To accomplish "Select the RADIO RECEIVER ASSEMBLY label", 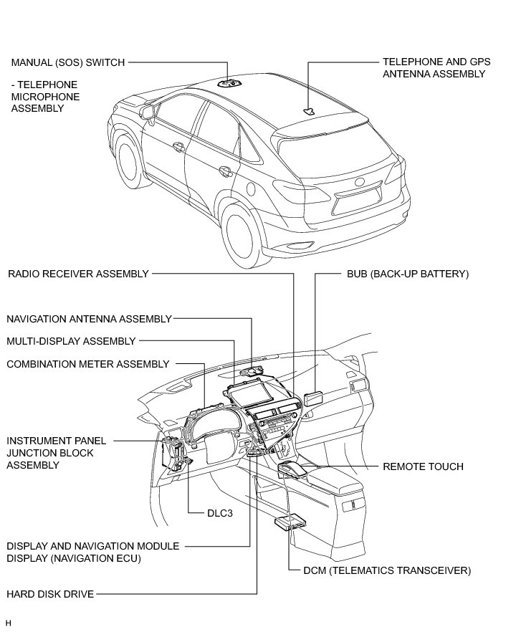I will click(x=78, y=274).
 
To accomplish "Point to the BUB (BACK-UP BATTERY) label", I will click(x=407, y=274).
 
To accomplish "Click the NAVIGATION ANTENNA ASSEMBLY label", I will click(x=89, y=318).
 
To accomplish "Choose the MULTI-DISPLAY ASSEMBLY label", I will click(x=71, y=341).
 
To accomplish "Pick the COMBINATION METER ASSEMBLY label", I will click(x=87, y=364).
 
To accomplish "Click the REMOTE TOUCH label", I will click(x=423, y=466).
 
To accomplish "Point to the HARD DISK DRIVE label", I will click(x=50, y=593).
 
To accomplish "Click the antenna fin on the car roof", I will click(x=308, y=110).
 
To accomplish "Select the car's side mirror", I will click(x=148, y=112).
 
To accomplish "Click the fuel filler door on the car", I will click(x=252, y=188).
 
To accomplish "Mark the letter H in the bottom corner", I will click(x=8, y=622).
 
